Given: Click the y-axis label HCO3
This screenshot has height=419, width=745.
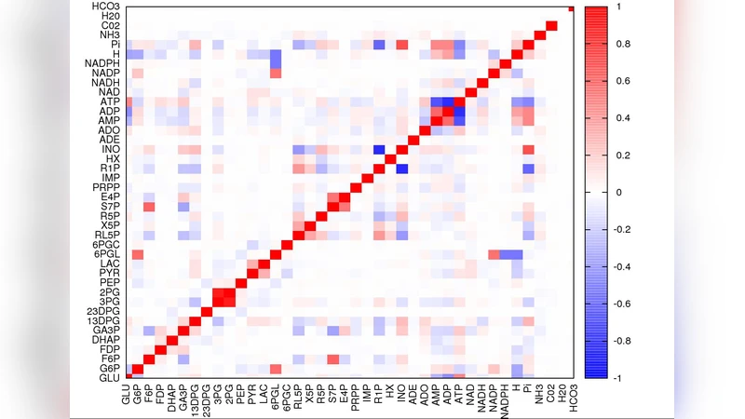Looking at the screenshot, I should [104, 7].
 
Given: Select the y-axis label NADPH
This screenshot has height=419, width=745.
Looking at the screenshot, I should [101, 62].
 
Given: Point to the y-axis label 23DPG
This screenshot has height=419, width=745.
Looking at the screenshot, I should [103, 310].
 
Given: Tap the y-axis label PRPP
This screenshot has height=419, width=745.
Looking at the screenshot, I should [105, 185].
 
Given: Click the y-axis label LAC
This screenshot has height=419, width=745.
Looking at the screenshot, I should [108, 264].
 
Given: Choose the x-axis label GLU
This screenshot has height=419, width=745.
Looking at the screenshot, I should [127, 394].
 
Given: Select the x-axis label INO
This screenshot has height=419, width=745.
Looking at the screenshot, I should [402, 394].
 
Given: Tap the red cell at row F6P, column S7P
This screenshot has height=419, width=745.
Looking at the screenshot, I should [332, 359].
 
